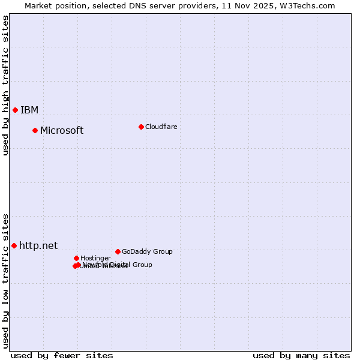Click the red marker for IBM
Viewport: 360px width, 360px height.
(x=15, y=110)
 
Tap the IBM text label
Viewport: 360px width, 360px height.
(x=29, y=110)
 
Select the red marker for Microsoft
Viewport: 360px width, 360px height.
(x=35, y=130)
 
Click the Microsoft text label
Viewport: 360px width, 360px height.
(x=62, y=131)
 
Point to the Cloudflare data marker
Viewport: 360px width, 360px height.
(x=141, y=127)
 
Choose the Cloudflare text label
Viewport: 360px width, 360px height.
(x=161, y=127)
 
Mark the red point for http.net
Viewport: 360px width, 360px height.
(x=14, y=245)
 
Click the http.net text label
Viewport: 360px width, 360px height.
(x=38, y=245)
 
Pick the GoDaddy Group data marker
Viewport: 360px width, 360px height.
(x=118, y=251)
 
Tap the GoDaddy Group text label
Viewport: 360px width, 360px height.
(x=147, y=252)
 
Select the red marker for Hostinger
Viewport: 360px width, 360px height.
(x=76, y=258)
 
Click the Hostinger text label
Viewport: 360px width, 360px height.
(x=95, y=259)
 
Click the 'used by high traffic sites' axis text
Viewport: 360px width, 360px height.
(x=5, y=85)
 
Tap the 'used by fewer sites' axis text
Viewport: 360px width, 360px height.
(x=62, y=355)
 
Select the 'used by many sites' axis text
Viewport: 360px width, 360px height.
(x=301, y=355)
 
